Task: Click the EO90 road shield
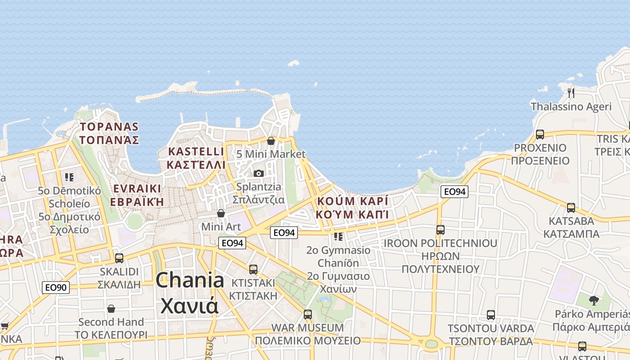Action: point(56,288)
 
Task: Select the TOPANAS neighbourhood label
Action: point(109,133)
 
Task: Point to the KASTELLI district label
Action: point(196,157)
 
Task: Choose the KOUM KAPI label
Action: point(352,207)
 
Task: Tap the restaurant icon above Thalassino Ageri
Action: point(571,93)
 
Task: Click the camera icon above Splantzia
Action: point(258,173)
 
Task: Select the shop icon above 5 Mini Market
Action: point(271,141)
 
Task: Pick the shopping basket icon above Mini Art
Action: point(221,213)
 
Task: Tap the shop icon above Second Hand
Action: point(111,309)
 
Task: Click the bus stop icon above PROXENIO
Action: point(540,134)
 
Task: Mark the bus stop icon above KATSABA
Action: point(571,207)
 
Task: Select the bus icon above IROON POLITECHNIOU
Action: point(440,230)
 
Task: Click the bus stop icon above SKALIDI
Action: point(119,258)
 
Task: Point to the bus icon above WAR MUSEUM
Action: point(308,314)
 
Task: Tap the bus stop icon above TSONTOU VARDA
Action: point(490,315)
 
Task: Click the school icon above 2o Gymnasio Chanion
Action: point(338,236)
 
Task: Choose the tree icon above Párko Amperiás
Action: point(594,300)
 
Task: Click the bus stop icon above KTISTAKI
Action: point(253,269)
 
